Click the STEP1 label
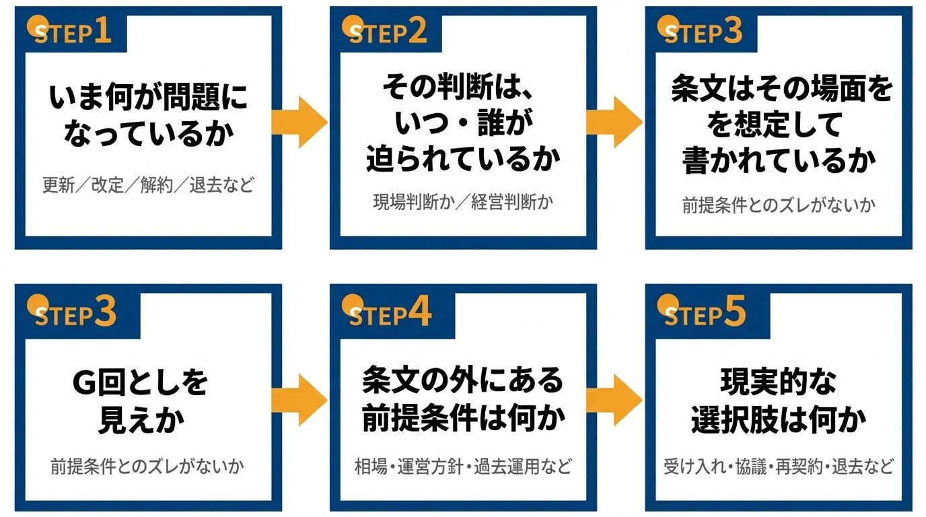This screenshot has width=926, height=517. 73,34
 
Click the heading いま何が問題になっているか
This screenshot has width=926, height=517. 148,116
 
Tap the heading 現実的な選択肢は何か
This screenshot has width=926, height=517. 779,402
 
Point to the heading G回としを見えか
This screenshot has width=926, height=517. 141,402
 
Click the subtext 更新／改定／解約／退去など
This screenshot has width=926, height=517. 148,185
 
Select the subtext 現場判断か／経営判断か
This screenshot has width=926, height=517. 463,202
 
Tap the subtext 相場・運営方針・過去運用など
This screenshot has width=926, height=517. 463,467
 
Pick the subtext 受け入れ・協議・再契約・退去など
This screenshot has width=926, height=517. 779,467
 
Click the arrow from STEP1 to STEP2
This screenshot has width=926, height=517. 299,122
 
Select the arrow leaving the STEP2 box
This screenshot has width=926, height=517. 614,122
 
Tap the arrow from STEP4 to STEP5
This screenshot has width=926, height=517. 614,400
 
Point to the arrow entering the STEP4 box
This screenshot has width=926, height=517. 299,400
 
